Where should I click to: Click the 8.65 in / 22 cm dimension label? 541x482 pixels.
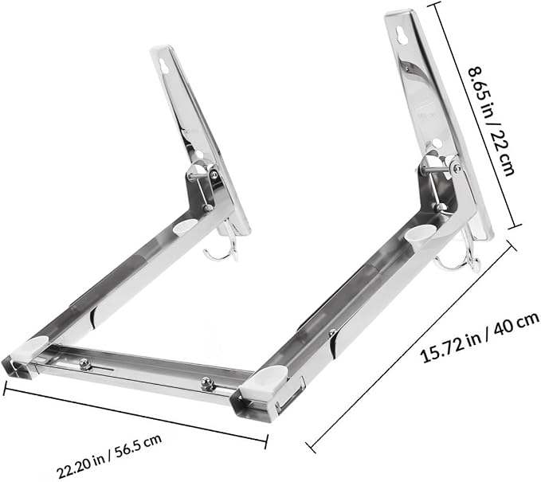pyautogui.click(x=492, y=121)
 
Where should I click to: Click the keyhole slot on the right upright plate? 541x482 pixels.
pyautogui.click(x=402, y=35)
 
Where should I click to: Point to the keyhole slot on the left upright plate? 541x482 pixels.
pyautogui.click(x=164, y=65)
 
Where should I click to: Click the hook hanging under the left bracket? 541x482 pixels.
pyautogui.click(x=221, y=249)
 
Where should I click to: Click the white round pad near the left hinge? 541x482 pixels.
pyautogui.click(x=183, y=226)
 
